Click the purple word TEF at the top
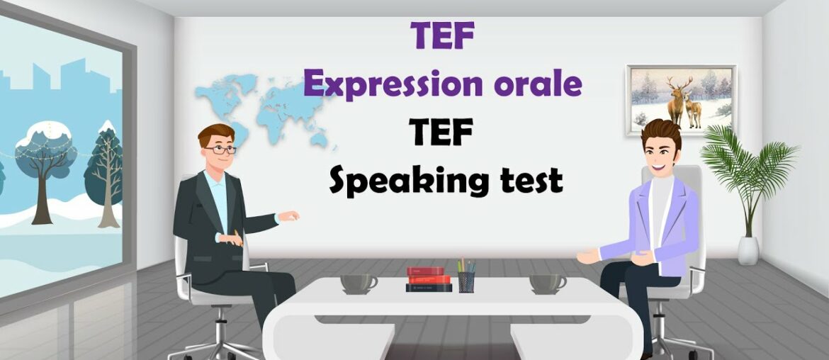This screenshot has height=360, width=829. coord(442,35)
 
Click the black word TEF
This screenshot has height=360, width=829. coord(441,133)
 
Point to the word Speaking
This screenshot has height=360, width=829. coord(397,181)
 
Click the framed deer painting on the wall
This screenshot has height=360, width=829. coord(681,100)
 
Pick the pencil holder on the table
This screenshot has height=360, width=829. coord(466,279)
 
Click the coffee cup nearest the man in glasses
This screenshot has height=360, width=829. coord(359,283)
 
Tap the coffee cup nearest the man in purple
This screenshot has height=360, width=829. coord(548,283)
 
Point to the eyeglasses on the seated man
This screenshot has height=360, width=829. coord(220,150)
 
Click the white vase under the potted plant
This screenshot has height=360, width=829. coord(748,250)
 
